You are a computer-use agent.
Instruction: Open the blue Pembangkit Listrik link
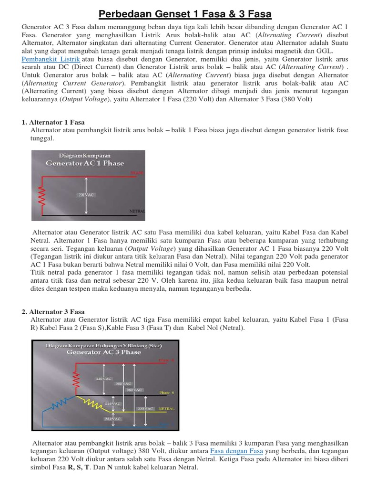(51, 59)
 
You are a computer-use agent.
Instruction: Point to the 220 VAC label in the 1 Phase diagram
(86, 195)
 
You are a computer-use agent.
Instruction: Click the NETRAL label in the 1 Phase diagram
(137, 211)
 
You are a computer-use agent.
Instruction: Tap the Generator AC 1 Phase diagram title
(84, 163)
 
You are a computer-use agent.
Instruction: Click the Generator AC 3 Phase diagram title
(103, 352)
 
